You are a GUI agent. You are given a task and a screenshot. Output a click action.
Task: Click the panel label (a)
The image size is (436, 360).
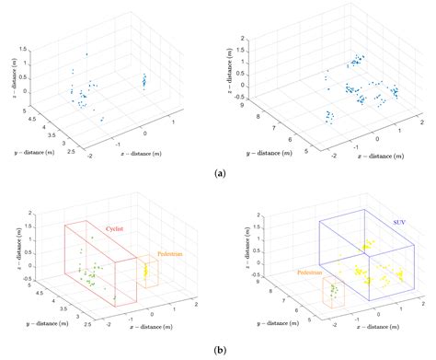(x=218, y=172)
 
